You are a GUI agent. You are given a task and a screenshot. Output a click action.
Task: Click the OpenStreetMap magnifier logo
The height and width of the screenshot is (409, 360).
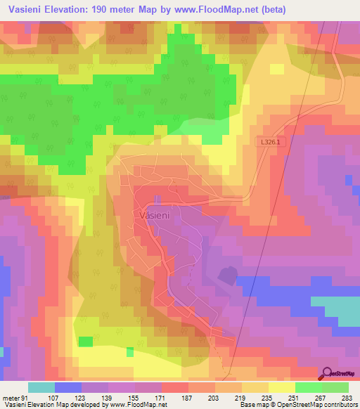pos(327,373)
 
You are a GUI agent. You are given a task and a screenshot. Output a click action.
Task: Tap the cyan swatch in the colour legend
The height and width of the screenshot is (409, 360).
pos(41,387)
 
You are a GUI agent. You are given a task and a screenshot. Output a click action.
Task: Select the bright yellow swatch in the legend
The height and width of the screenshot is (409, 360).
pos(281,387)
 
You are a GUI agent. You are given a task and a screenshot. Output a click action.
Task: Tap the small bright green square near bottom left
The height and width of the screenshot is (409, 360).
pos(85,342)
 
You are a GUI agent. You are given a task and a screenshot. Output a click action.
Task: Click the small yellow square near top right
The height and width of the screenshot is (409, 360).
pos(276,69)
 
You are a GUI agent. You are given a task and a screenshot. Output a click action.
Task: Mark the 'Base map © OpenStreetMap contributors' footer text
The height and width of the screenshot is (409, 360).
pos(298,405)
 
